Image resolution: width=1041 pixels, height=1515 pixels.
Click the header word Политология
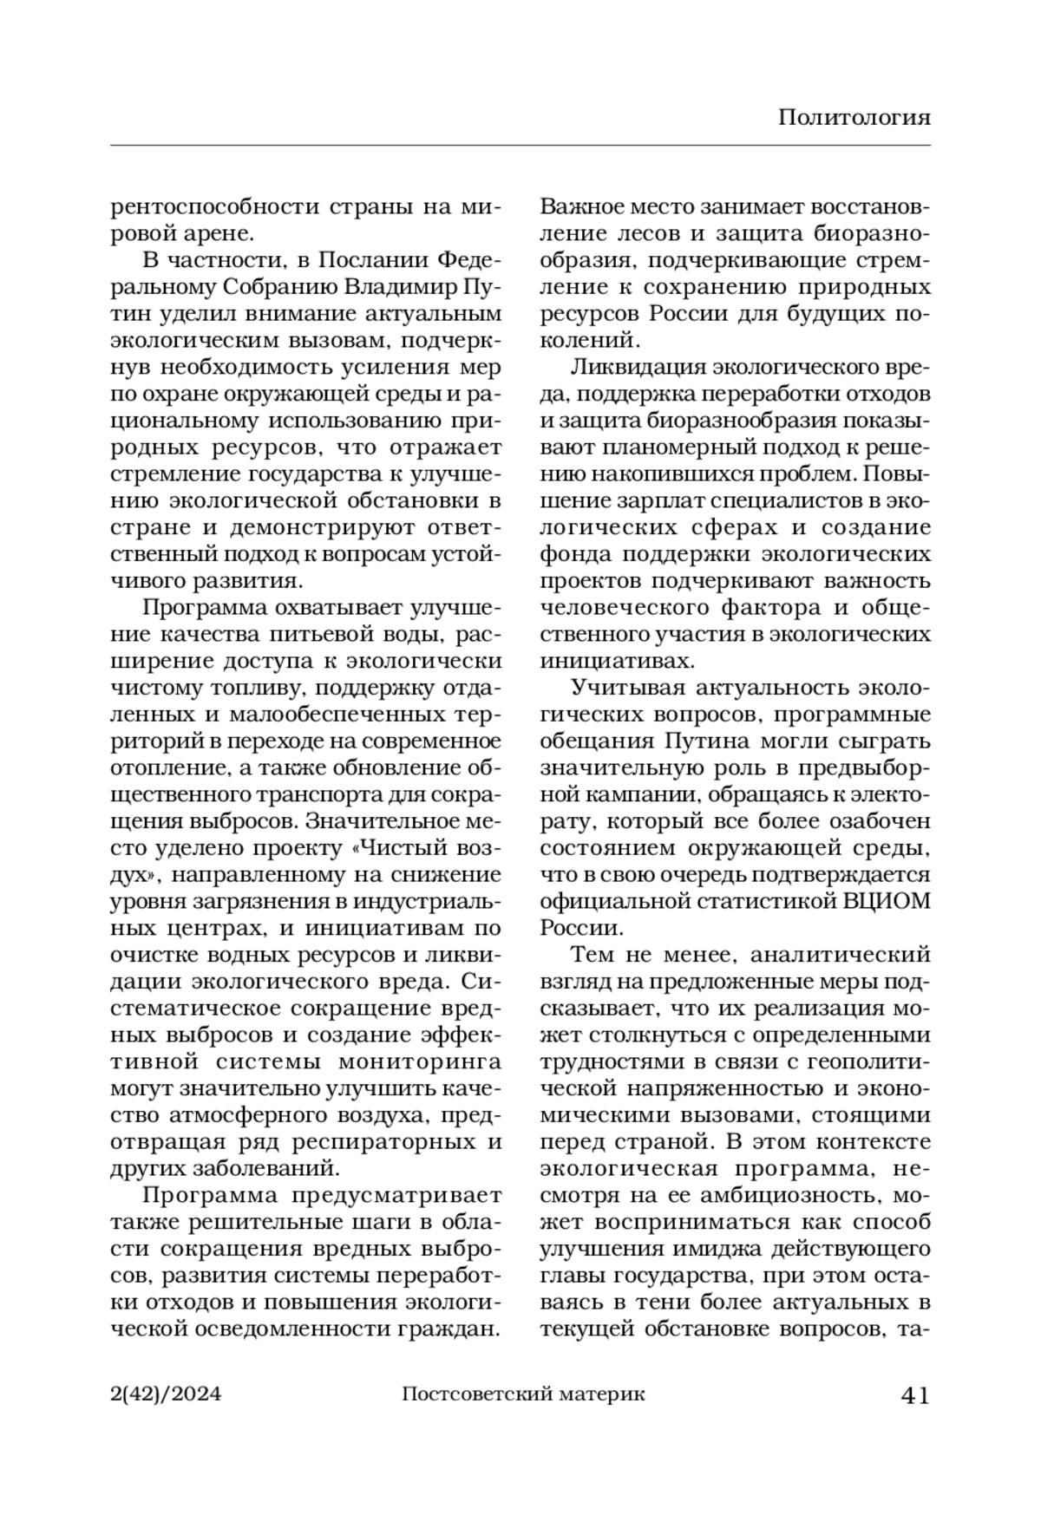click(854, 117)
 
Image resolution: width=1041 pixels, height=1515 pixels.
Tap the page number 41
click(915, 1395)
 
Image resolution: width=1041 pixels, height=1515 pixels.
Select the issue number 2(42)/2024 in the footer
click(167, 1394)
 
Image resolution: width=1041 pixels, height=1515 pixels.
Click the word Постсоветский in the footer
click(467, 1394)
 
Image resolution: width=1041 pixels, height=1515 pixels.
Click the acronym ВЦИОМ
click(887, 901)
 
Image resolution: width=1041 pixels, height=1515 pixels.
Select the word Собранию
click(284, 287)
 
